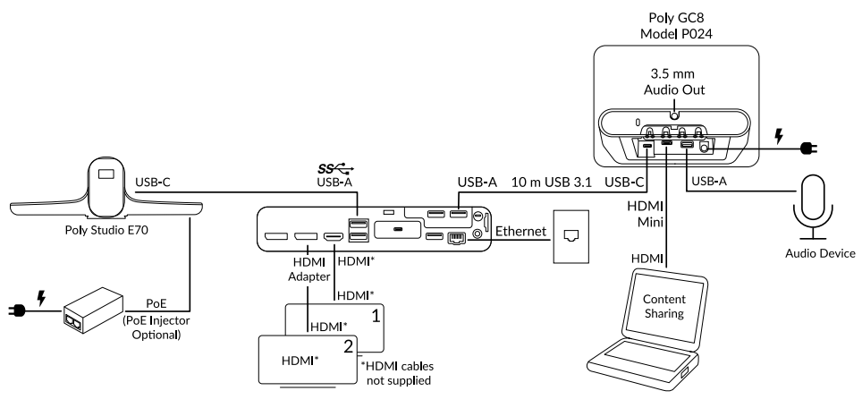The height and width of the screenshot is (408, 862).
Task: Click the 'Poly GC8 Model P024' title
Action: click(x=674, y=24)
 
